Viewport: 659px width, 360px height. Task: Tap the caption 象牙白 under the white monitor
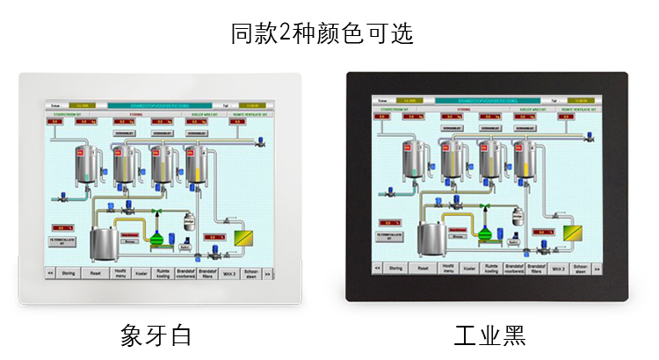click(x=156, y=335)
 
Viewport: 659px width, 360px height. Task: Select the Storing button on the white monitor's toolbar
click(x=69, y=273)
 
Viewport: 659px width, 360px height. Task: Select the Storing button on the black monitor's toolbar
click(x=397, y=268)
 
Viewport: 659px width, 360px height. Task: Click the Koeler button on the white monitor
click(x=141, y=273)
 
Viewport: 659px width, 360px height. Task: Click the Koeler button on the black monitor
click(x=469, y=268)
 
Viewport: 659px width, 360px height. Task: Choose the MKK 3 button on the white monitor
click(x=229, y=273)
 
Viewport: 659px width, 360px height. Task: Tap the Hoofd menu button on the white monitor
click(x=119, y=273)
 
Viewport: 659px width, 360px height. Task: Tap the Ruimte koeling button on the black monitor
click(x=492, y=268)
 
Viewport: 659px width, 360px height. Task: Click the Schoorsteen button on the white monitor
click(x=251, y=273)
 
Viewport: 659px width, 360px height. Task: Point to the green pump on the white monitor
click(x=157, y=237)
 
